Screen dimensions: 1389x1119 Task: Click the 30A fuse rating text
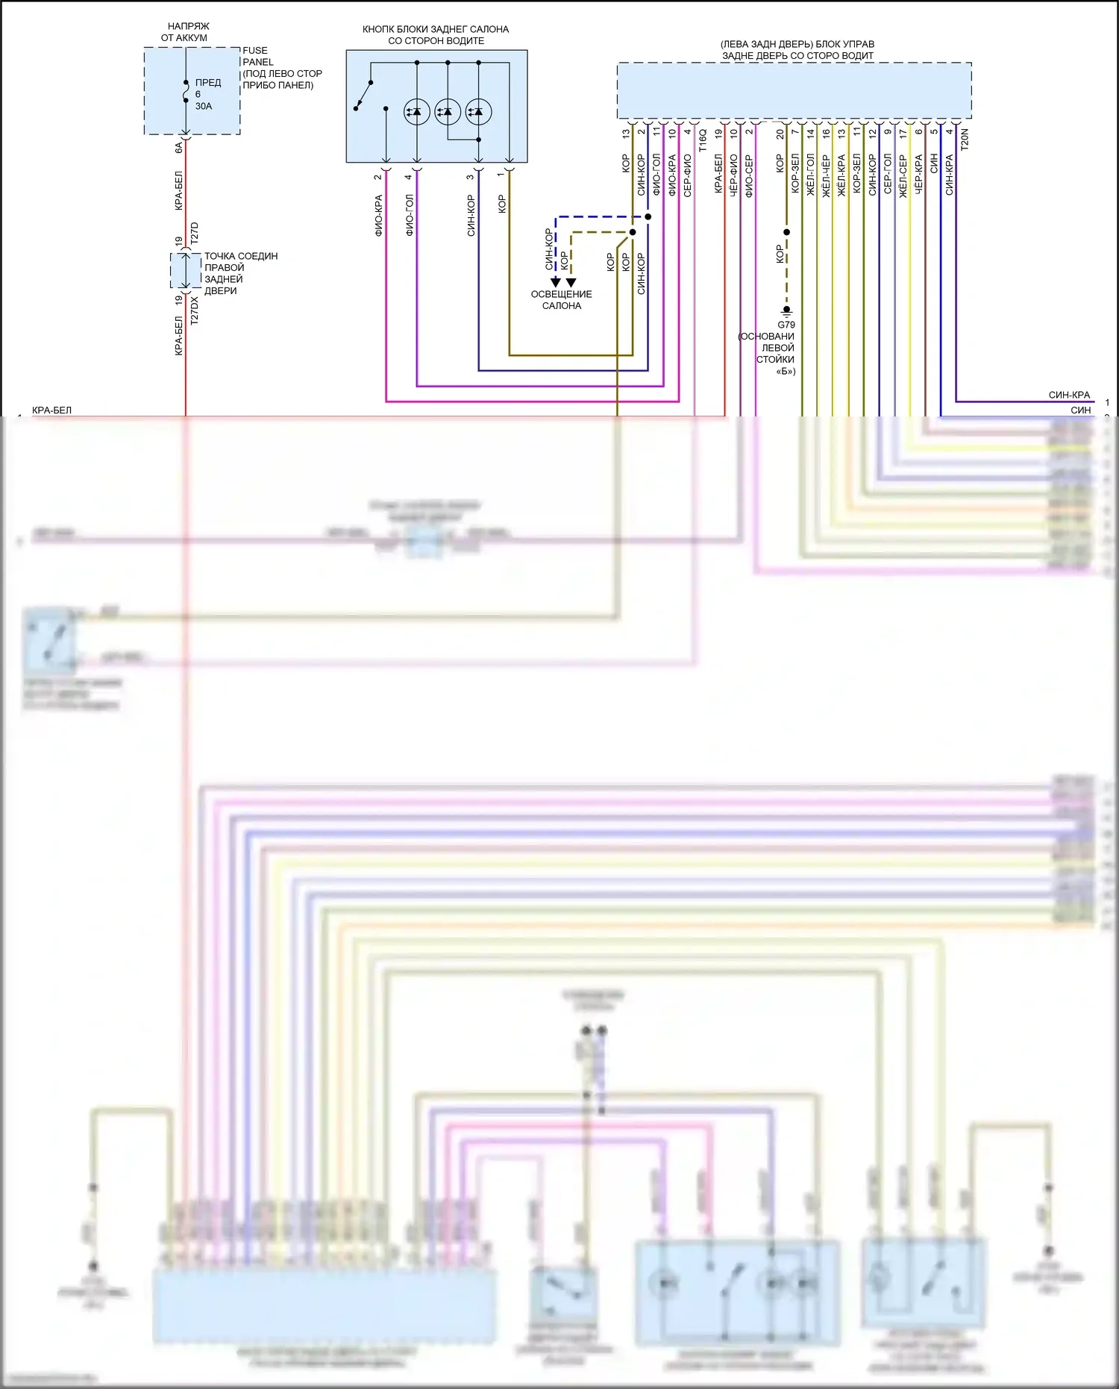click(x=204, y=106)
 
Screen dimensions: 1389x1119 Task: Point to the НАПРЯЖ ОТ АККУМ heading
click(x=185, y=31)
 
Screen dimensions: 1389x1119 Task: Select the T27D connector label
click(x=195, y=233)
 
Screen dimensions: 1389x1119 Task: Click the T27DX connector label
click(x=195, y=310)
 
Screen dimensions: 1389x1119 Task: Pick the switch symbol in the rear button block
click(x=363, y=95)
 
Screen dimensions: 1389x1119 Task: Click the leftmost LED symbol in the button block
click(x=416, y=112)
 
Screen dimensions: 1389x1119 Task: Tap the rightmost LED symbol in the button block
click(x=478, y=112)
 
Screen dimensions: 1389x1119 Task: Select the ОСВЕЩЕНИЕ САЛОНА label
click(x=561, y=300)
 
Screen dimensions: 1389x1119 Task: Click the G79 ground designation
click(x=786, y=325)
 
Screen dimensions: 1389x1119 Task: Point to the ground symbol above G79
click(x=786, y=310)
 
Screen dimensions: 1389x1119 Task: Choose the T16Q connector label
click(x=703, y=140)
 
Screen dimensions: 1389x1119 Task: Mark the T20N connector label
click(x=965, y=140)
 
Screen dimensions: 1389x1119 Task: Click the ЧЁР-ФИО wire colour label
click(x=734, y=175)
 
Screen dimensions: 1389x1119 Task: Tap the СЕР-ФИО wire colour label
click(x=688, y=175)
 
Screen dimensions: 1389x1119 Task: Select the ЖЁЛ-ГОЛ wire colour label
click(x=811, y=175)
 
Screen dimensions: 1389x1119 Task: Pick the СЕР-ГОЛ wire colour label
click(x=888, y=174)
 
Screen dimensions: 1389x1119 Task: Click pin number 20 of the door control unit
click(x=780, y=134)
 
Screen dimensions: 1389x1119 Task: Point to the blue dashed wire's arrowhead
click(x=555, y=282)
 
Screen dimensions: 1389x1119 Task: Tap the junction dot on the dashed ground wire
click(x=786, y=232)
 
